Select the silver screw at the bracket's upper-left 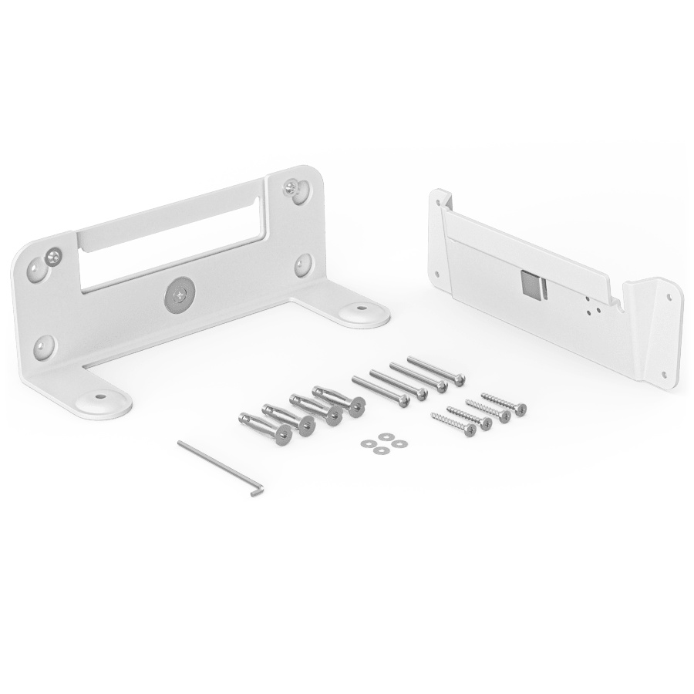point(53,254)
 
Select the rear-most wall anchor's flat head point(356,406)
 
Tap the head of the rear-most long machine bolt point(459,379)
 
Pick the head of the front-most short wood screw point(469,431)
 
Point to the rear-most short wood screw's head point(520,409)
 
